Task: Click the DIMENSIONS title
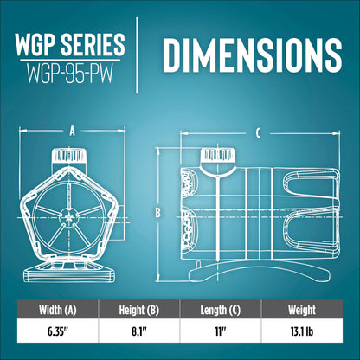click(253, 55)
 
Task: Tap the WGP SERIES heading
click(70, 44)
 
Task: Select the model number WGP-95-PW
click(70, 74)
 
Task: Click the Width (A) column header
click(58, 310)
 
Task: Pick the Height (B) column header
click(139, 310)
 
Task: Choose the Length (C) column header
click(221, 310)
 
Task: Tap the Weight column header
click(302, 310)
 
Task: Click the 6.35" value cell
click(58, 331)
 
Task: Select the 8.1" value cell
click(139, 331)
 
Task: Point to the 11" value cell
click(220, 331)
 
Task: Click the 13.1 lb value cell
click(302, 331)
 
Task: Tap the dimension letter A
click(73, 132)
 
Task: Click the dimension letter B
click(157, 213)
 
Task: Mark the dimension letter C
click(258, 133)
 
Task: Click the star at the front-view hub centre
click(69, 218)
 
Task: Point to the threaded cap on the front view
click(69, 156)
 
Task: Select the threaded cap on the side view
click(218, 156)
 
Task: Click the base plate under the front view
click(69, 273)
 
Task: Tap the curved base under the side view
click(259, 271)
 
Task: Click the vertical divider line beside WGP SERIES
click(137, 55)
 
